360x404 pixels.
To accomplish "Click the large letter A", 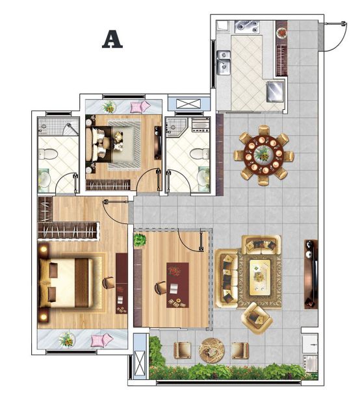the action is tap(112, 39).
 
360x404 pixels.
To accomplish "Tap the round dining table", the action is tap(264, 155).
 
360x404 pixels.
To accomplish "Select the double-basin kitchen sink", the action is tap(224, 62).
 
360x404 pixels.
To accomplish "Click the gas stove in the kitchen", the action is tap(247, 27).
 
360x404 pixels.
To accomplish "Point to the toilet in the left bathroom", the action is tap(47, 154).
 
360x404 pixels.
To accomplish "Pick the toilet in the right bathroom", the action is tap(199, 154).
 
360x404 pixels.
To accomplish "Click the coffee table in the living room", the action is tap(260, 277).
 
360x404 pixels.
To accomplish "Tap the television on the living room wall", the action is tap(311, 274).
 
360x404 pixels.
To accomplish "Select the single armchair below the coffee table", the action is tap(257, 318).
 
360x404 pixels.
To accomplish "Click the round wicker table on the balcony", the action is tap(212, 351).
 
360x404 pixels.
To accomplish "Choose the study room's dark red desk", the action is tap(177, 285).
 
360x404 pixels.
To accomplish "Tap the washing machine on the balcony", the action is tap(310, 363).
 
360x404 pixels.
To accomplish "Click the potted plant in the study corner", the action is tap(140, 240).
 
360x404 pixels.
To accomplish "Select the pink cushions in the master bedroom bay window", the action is tap(102, 340).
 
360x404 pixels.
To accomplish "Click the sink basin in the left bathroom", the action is tap(44, 179).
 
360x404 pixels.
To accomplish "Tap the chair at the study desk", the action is tap(160, 288).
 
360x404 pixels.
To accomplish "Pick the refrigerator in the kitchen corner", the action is tap(275, 92).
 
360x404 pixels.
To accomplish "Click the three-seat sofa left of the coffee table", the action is tap(227, 278).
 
